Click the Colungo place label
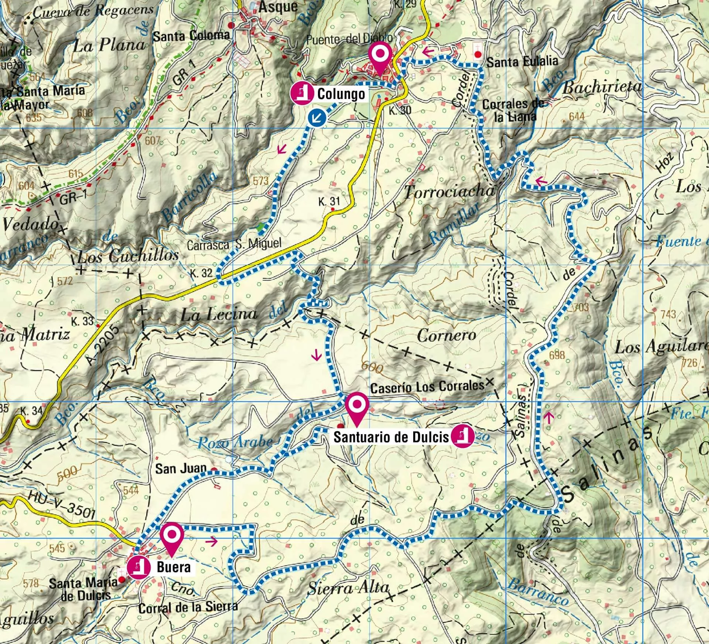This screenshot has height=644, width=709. pos(341,94)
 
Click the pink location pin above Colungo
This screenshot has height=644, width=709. pos(380,59)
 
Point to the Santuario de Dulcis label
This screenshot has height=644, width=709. pos(391,437)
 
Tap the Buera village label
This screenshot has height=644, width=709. pos(174,567)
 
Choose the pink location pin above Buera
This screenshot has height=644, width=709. pos(172,539)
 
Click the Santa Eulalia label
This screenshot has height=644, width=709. pos(522,62)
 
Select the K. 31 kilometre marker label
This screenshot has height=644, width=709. pos(329,202)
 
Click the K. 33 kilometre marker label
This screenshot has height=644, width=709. pos(82,321)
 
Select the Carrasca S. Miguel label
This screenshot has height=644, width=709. pos(234,244)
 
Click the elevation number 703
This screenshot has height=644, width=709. pos(581,306)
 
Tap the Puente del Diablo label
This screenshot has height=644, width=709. pos(349,39)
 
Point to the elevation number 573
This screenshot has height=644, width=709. pos(261,181)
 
